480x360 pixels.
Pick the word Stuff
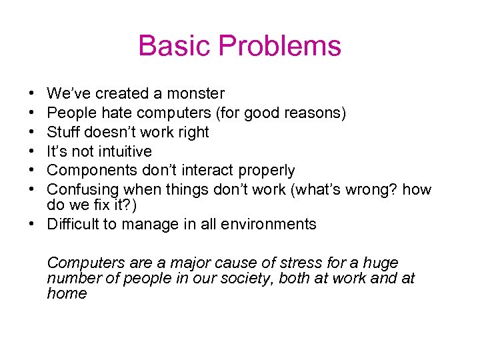click(65, 132)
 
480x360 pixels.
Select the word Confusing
click(83, 190)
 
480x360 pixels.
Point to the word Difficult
click(72, 224)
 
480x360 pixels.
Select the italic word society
click(247, 278)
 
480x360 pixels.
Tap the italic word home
click(67, 293)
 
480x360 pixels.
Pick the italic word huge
click(381, 263)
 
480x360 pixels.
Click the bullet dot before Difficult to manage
click(32, 224)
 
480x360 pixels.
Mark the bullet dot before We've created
click(32, 93)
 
